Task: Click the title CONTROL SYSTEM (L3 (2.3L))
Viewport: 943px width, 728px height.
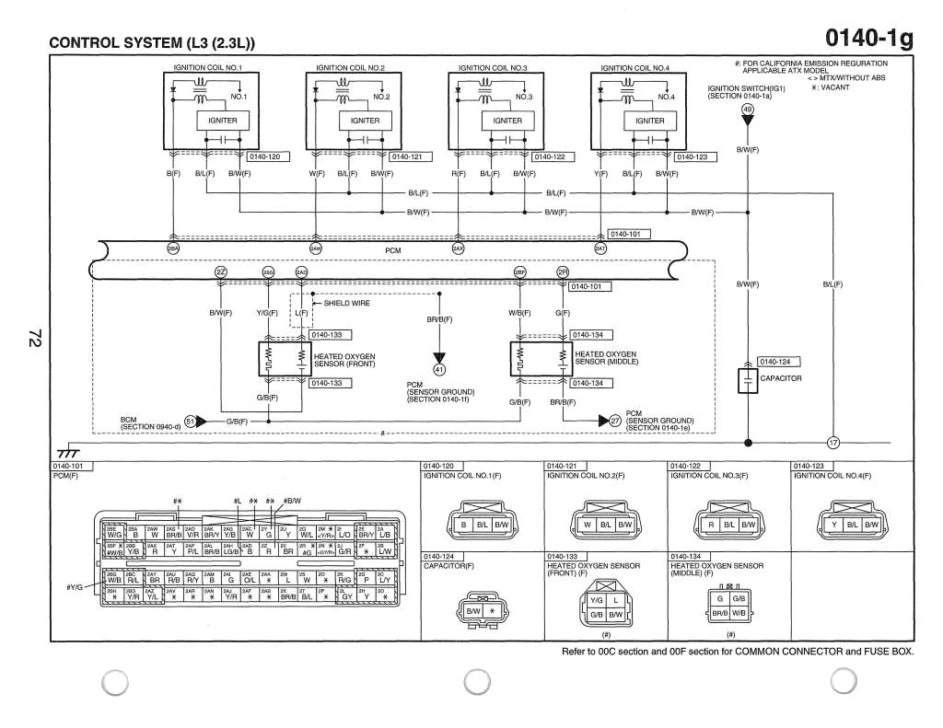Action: (x=151, y=43)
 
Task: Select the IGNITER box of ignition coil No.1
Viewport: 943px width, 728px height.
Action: (x=222, y=121)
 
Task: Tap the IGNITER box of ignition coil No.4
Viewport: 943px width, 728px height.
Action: (x=649, y=121)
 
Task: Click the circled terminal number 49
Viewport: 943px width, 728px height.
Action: (x=747, y=110)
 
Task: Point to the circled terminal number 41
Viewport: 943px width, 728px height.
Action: (x=439, y=370)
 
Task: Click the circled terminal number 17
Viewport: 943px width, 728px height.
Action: (x=832, y=443)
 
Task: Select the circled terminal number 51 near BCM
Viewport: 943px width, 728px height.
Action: (x=191, y=421)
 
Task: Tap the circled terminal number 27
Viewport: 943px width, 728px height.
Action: (x=616, y=421)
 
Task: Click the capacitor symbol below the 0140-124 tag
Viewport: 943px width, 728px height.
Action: (x=747, y=379)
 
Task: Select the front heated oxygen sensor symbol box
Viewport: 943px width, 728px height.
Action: (x=285, y=359)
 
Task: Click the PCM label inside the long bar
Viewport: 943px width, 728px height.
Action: (x=392, y=249)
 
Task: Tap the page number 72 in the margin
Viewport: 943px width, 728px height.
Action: (x=34, y=339)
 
